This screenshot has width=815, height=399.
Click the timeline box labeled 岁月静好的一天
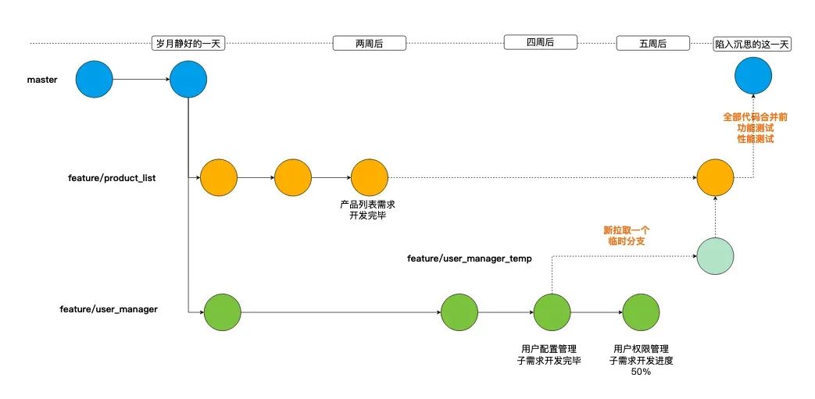tap(188, 44)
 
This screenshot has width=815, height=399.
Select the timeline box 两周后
tap(369, 44)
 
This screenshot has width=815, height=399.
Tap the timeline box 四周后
tap(539, 42)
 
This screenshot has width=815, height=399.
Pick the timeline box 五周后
tap(652, 44)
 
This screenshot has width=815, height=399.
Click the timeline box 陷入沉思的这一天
tap(753, 45)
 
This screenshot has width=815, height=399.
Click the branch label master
tap(42, 80)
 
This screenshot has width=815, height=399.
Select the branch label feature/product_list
tap(112, 178)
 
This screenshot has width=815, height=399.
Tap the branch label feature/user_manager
tap(109, 309)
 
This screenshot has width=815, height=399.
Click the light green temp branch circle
tap(714, 256)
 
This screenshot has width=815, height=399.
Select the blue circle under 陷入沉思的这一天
tap(753, 78)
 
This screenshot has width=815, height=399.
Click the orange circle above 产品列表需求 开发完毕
tap(369, 178)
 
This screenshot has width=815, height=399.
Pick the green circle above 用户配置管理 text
tap(552, 313)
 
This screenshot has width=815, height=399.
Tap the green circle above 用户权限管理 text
tap(641, 313)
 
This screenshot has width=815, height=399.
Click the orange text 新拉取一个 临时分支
tap(627, 236)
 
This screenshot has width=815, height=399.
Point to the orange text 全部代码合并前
tap(755, 116)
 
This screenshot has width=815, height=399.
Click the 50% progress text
tap(641, 372)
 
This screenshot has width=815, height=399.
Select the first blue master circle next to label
tap(95, 80)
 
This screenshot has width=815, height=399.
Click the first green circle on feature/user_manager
tap(222, 313)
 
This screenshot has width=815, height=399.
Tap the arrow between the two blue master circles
tap(141, 80)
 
